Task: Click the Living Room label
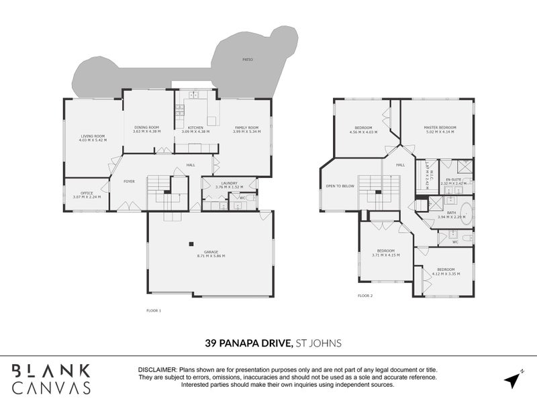click(92, 136)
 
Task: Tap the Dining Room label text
click(146, 127)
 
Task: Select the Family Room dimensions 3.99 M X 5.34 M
click(246, 132)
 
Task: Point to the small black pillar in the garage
click(191, 244)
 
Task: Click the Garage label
click(211, 252)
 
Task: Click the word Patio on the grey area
click(248, 60)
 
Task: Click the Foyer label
click(128, 181)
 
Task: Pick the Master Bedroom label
click(440, 127)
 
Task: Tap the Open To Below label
click(339, 185)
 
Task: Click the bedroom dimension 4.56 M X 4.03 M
click(363, 132)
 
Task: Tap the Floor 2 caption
click(364, 296)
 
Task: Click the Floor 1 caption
click(154, 310)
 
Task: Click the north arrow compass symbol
click(513, 379)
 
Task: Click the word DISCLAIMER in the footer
click(156, 370)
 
